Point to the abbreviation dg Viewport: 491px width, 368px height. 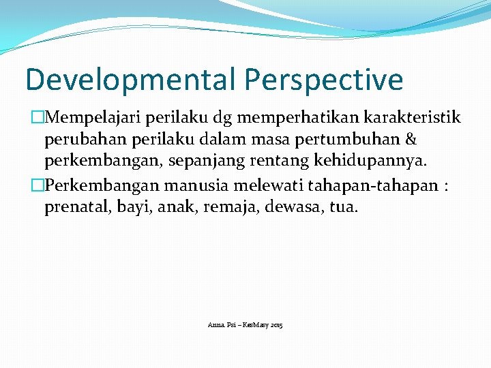coord(208,119)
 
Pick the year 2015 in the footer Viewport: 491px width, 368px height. coord(276,326)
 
